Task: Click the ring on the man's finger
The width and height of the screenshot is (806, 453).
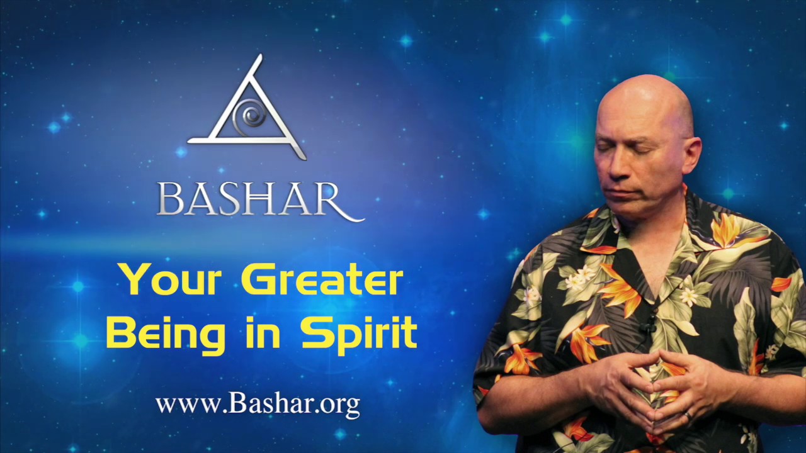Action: tap(689, 416)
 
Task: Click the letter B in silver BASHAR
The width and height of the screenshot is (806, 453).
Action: tap(171, 199)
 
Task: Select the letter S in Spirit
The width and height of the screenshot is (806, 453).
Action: tap(315, 332)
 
